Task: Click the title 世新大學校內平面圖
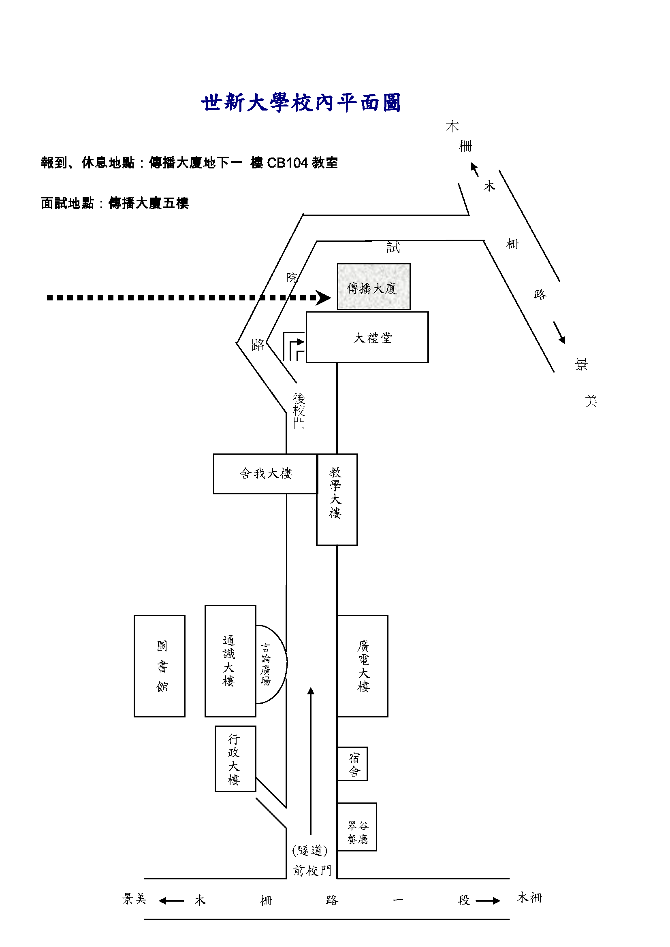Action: point(301,103)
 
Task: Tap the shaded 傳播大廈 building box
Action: point(373,287)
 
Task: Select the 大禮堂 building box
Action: point(367,337)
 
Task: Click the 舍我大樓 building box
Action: point(265,474)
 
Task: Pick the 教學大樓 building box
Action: point(337,499)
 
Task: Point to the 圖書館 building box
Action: point(160,666)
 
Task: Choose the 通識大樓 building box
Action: point(230,661)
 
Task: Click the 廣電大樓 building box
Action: point(363,666)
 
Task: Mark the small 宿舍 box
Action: point(353,764)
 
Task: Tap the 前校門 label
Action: point(312,870)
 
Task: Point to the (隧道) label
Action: point(310,850)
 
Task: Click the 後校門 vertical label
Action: point(299,411)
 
